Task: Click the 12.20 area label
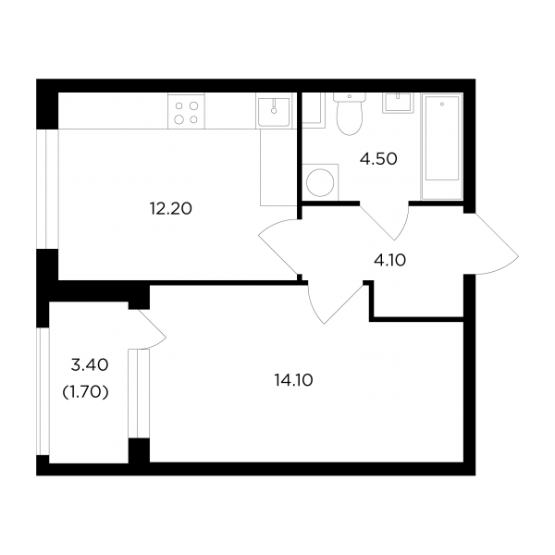pos(170,208)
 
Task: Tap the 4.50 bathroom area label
pos(378,159)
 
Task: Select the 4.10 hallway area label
pos(389,261)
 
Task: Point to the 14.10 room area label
pos(293,380)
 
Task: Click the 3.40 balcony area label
pos(89,365)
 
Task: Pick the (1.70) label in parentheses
pos(85,392)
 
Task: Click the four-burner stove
pos(186,111)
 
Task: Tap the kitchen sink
pos(274,111)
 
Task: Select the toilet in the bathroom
pos(350,114)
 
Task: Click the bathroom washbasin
pos(398,103)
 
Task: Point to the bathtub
pos(442,146)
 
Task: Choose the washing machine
pos(320,182)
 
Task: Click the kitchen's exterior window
pos(47,189)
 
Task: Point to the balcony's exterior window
pos(43,391)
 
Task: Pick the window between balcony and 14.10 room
pos(139,394)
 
